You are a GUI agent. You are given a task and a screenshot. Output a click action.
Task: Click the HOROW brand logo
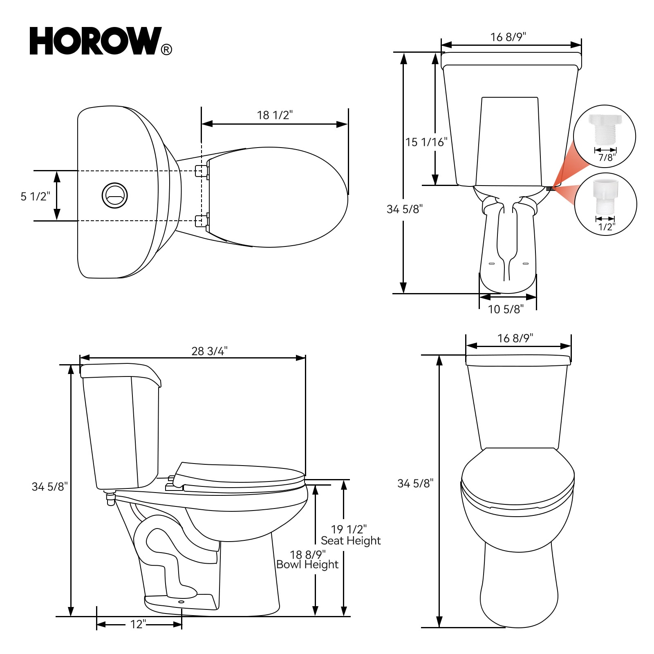coord(96,41)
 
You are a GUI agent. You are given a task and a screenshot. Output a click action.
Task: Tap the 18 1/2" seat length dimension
coord(275,115)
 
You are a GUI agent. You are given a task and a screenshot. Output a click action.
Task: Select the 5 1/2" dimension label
coord(36,196)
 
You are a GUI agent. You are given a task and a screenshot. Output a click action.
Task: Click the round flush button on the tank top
coord(114,195)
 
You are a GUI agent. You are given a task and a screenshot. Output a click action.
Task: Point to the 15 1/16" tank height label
coord(426,142)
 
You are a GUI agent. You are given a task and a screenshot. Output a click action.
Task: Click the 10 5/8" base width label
coord(506,309)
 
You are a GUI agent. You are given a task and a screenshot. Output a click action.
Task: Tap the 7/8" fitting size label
coord(607,157)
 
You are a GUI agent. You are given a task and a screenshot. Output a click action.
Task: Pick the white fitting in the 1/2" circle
coord(605,196)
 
